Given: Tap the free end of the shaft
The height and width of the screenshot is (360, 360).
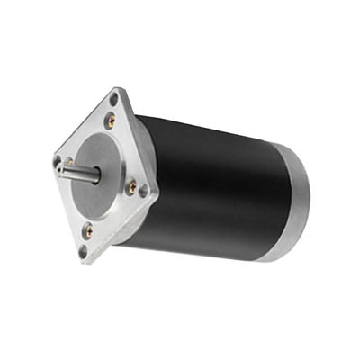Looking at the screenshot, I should click(x=59, y=167).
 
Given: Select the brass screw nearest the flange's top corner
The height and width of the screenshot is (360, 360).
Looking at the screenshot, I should click(x=110, y=118).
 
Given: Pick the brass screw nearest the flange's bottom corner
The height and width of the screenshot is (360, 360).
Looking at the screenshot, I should click(x=89, y=230).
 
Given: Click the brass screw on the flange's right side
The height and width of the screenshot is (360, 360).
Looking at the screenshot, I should click(x=132, y=187).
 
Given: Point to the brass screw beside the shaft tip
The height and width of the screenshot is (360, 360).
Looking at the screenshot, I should click(x=67, y=162).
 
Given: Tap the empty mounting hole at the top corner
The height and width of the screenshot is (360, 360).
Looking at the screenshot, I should click(x=114, y=99).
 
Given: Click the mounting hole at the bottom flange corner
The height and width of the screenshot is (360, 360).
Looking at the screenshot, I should click(x=83, y=250).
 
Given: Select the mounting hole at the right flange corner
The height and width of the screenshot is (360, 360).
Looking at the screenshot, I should click(x=144, y=191).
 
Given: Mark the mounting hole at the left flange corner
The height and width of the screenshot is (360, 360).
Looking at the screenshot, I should click(x=58, y=162).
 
